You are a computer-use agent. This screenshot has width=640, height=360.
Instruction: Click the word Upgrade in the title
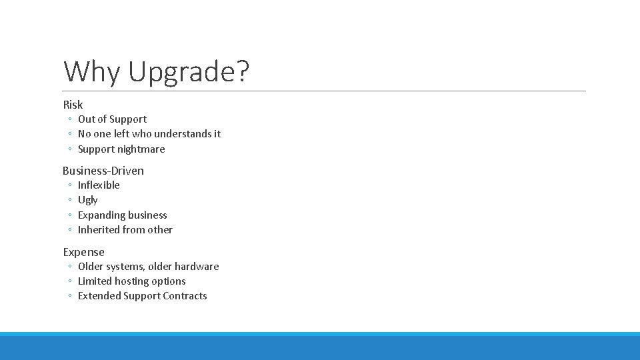coord(181,72)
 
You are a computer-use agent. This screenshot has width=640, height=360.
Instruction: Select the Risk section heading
coord(73,105)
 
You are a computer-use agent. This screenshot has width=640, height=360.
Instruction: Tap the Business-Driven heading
coord(103,171)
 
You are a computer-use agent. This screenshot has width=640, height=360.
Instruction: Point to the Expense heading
coord(84,252)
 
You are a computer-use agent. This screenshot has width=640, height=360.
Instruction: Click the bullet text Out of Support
coord(112,119)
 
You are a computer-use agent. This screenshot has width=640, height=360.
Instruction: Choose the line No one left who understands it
coord(149,134)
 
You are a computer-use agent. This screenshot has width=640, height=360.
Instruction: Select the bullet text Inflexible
coord(99,185)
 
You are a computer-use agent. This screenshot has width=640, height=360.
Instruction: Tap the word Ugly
coord(87,200)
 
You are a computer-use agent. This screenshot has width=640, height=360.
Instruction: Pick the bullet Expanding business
coord(123,215)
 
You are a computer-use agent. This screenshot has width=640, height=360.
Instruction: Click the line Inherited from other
coord(125,230)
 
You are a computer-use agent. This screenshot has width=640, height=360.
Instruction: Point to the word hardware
coord(197,267)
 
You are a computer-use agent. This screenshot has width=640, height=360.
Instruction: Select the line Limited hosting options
coord(132,281)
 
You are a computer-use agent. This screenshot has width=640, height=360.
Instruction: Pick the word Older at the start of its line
coord(91,267)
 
